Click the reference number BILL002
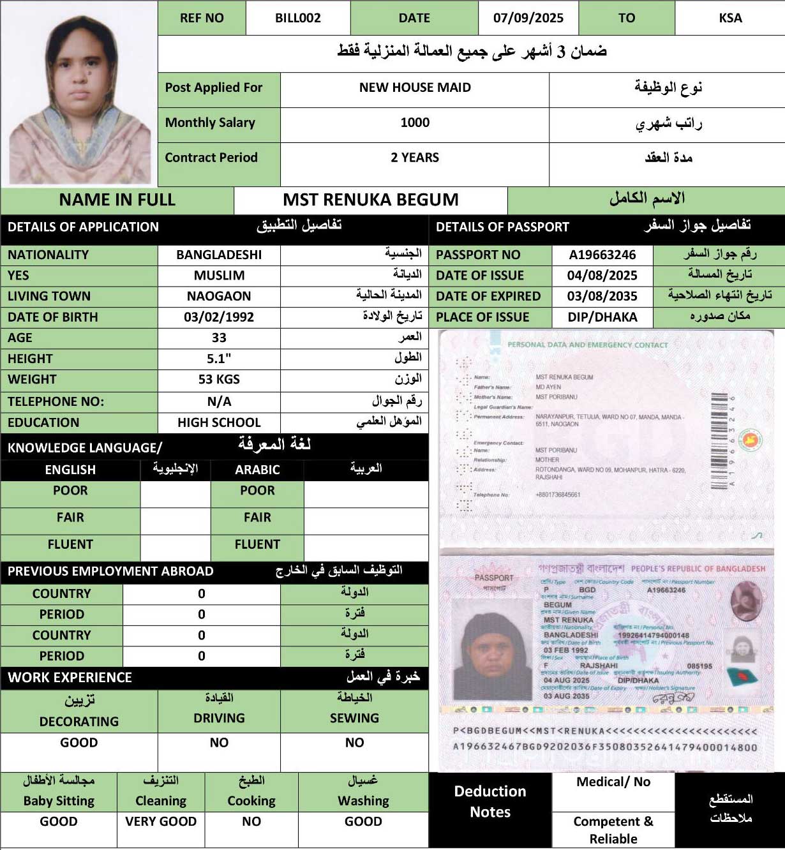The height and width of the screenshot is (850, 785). tap(297, 18)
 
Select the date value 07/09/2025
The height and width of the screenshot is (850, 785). tap(528, 18)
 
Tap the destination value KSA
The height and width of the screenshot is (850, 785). tap(730, 18)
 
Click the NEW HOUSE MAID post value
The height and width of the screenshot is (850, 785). tap(415, 87)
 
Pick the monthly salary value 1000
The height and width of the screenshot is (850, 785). tap(415, 123)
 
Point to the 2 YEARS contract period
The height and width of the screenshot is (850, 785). tap(415, 158)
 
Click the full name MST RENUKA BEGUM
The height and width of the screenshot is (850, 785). tap(370, 200)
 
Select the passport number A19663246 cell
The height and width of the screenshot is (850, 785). tap(602, 255)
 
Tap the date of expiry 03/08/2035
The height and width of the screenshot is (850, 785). tap(602, 296)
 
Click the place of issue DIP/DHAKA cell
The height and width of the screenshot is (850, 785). tap(602, 317)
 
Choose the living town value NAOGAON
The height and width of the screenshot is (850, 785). tap(219, 296)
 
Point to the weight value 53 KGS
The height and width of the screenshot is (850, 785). tap(219, 380)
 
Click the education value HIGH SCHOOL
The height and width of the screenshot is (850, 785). tap(219, 422)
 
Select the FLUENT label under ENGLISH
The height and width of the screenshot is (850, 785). tap(70, 544)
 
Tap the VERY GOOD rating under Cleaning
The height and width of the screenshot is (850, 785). tap(161, 821)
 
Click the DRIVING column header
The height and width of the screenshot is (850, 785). tap(219, 718)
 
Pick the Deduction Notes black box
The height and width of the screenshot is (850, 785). tap(490, 802)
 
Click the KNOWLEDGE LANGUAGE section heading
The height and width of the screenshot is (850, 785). tap(85, 447)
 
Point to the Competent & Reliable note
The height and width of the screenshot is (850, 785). tap(613, 830)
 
